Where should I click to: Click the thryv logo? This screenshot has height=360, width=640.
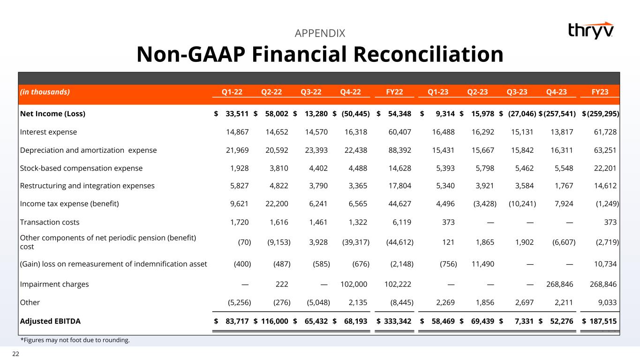coord(590,30)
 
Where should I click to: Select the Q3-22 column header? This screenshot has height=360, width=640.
coord(311,92)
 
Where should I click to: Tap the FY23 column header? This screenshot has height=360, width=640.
coord(599,92)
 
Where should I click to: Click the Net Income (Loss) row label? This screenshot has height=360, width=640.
coord(53,114)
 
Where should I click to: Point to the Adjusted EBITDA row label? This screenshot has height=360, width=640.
coord(50,321)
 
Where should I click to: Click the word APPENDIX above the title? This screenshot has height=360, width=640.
coord(320,33)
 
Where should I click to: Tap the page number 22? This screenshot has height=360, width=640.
coord(15,354)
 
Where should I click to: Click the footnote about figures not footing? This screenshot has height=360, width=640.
coord(75,340)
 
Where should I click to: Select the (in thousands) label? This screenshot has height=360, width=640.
coord(45,92)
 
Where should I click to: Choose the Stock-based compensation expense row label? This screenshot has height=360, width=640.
coord(81,168)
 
